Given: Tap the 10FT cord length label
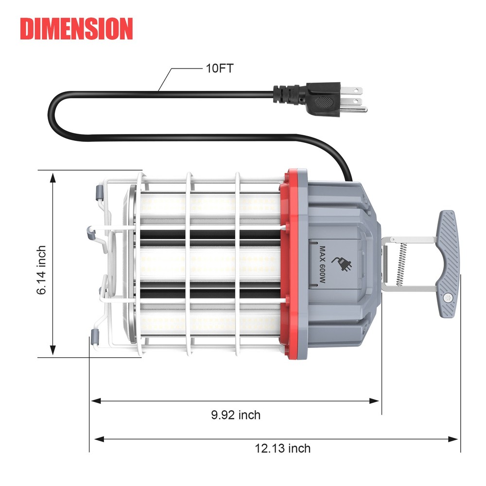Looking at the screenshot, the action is (218, 68).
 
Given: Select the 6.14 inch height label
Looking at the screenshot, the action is (42, 270).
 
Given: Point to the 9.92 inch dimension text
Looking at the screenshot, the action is (236, 415).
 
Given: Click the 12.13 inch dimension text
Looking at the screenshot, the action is (282, 448).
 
